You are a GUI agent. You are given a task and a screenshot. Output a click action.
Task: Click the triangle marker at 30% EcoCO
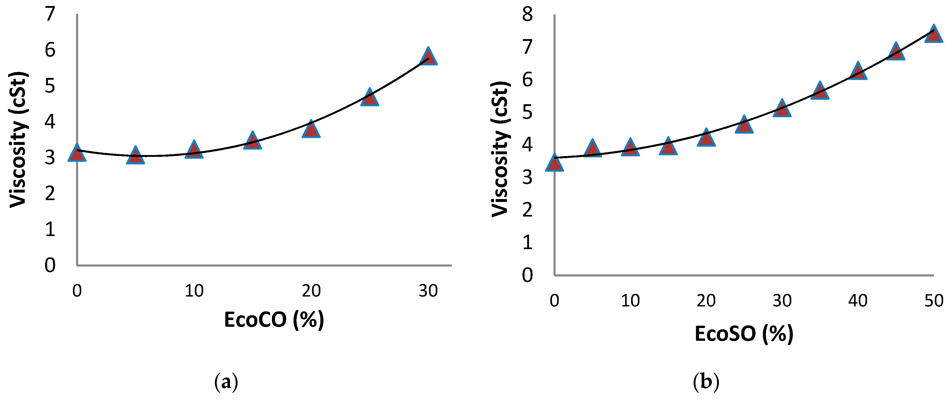(x=428, y=58)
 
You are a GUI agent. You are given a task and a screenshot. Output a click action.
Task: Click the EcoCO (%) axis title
(x=274, y=320)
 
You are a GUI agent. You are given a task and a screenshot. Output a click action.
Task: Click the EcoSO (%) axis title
(x=744, y=334)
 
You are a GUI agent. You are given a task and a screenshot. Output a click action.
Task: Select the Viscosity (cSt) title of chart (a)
(x=18, y=140)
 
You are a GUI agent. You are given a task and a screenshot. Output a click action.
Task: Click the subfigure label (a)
(x=226, y=382)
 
